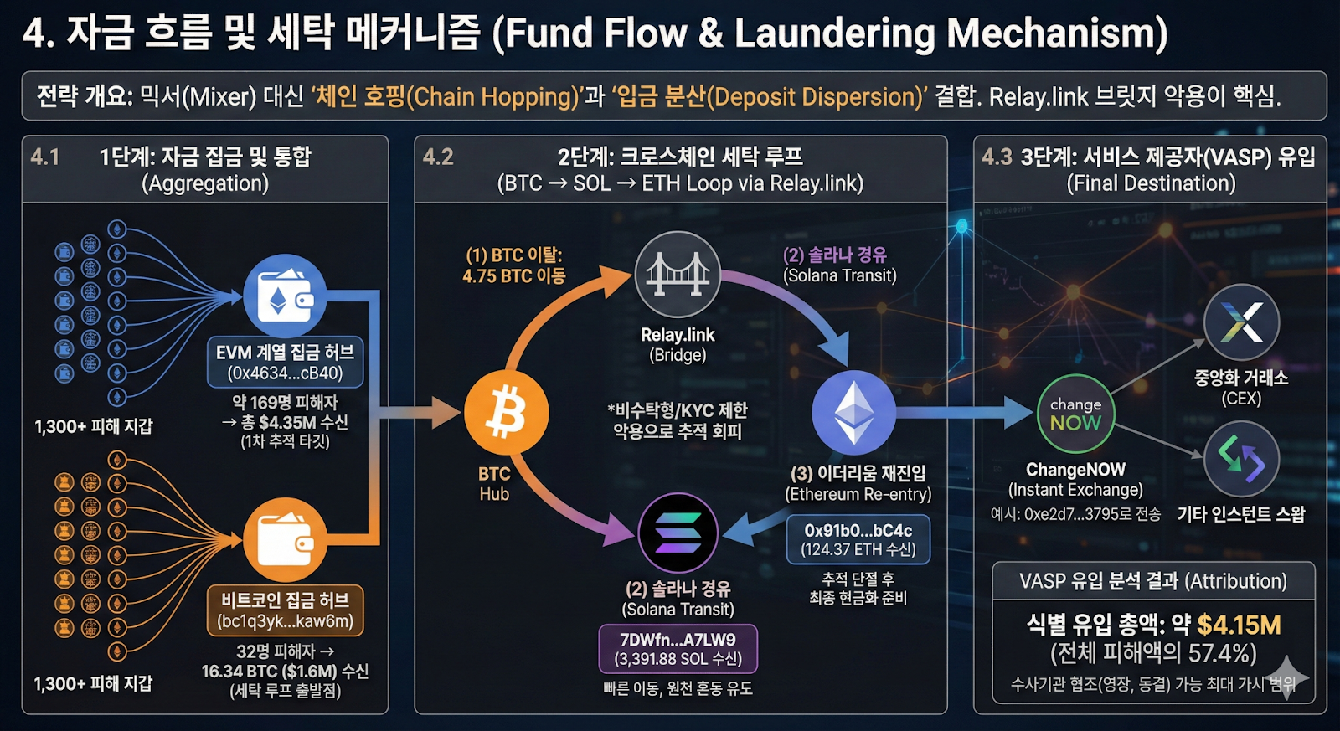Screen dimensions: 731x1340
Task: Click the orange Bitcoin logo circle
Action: [x=507, y=414]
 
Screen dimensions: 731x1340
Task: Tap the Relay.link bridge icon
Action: [x=678, y=274]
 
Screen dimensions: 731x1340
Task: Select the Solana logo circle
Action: [x=678, y=533]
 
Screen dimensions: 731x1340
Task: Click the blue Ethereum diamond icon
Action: [x=853, y=412]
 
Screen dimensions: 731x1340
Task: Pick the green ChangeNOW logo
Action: [x=1075, y=414]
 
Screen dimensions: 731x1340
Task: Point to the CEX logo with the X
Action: [x=1241, y=322]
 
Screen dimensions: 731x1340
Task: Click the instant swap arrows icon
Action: [x=1241, y=459]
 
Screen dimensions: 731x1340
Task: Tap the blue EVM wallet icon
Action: [x=285, y=296]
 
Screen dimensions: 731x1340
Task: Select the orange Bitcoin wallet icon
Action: [x=285, y=540]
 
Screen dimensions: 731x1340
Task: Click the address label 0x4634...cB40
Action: [x=285, y=373]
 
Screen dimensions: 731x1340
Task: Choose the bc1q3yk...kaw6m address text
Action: [x=285, y=621]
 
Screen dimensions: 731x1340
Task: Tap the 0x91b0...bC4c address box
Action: [x=858, y=539]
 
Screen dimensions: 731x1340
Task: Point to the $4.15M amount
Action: [x=1239, y=625]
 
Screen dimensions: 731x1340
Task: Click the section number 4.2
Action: [x=438, y=157]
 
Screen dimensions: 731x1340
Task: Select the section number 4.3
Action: [x=997, y=157]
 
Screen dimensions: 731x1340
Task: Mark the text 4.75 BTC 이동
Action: [x=514, y=275]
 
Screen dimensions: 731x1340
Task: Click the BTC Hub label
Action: [x=494, y=484]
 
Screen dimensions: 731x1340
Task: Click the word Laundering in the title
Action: [x=833, y=33]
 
